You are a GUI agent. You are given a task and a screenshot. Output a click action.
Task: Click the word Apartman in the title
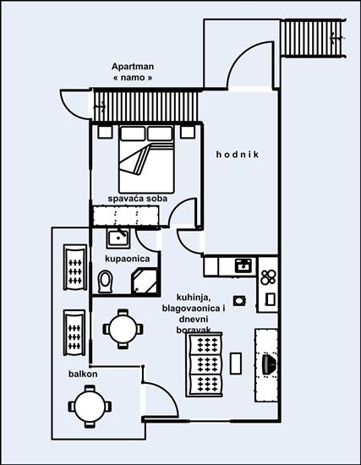pos(133,67)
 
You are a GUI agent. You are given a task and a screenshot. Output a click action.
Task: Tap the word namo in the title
pos(133,79)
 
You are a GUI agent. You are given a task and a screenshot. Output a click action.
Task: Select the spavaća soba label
pos(136,199)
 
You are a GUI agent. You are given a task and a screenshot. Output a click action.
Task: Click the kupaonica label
pos(128,256)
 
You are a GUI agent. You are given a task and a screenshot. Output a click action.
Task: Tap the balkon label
pos(83,374)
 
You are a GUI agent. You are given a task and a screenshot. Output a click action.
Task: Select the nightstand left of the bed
pos(104,132)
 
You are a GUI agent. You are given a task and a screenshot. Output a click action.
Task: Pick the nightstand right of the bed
pos(188,132)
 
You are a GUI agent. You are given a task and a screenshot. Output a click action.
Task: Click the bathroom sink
pos(117,238)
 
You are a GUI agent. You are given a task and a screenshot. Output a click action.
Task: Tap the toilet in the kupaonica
pos(106,281)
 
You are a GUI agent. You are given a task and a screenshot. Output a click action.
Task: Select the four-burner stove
pos(269,276)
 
